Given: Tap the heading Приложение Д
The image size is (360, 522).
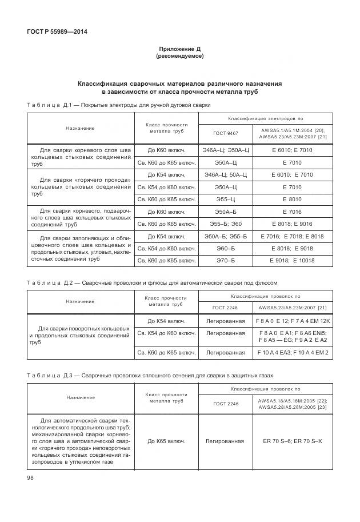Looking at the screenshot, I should [x=179, y=50].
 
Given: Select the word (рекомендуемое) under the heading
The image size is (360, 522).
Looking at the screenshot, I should [x=179, y=57].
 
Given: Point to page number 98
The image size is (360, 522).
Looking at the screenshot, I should [x=30, y=478].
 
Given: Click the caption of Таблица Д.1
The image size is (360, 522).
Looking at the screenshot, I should [x=119, y=105].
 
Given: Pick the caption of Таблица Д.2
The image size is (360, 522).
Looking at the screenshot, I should [x=152, y=282].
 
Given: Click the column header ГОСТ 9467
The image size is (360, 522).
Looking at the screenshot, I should [x=225, y=133].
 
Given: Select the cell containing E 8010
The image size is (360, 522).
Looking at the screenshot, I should [x=295, y=200].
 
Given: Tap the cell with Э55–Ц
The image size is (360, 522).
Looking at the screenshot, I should [x=225, y=200].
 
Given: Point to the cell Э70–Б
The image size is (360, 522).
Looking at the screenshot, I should [x=225, y=261].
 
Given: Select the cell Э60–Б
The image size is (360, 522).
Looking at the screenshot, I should [x=225, y=249].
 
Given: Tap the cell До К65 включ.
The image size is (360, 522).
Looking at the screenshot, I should [x=166, y=441].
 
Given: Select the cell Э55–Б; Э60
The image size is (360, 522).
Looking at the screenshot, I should [x=225, y=224].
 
